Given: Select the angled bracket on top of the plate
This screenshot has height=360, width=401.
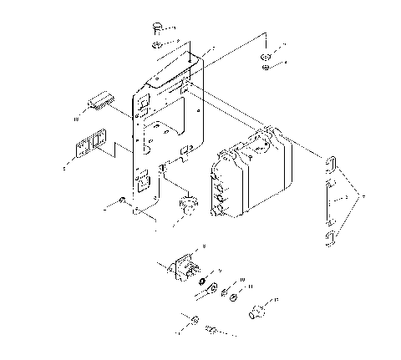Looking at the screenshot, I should coord(177,69).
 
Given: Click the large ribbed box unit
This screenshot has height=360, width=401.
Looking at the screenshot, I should coord(251,175).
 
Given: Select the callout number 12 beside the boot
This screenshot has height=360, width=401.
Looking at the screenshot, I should coord(277,299).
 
